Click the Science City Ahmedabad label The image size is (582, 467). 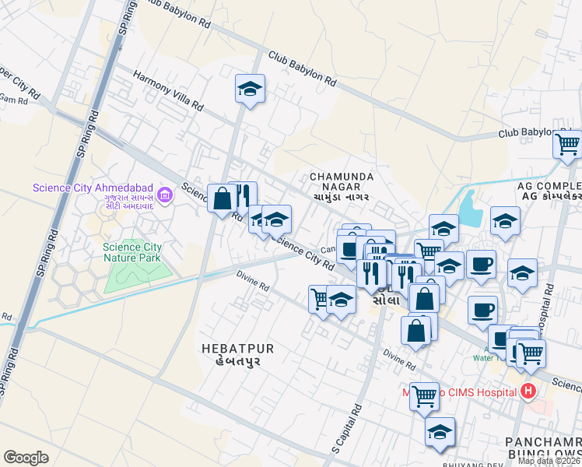[93, 188]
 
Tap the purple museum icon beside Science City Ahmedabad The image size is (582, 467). [164, 193]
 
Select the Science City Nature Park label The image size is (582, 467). [133, 253]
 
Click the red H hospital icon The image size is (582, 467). [529, 390]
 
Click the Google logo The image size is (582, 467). [26, 458]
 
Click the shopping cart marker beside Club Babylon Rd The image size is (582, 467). [567, 142]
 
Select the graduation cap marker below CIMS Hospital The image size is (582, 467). [440, 431]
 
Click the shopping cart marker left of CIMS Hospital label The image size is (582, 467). [424, 396]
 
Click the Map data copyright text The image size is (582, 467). [549, 461]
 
